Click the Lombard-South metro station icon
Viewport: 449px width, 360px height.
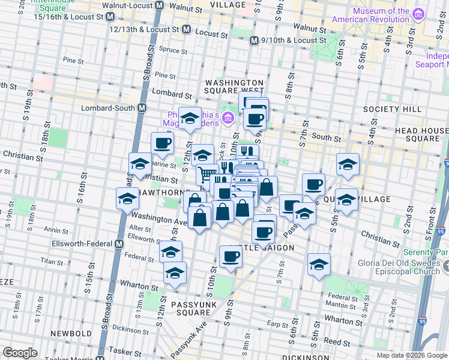pyautogui.click(x=142, y=108)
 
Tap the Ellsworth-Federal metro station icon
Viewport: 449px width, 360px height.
pyautogui.click(x=119, y=244)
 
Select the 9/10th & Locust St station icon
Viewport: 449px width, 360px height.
pyautogui.click(x=255, y=40)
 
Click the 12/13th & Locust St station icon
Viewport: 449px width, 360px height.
pyautogui.click(x=186, y=29)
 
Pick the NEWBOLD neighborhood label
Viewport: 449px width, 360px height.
pyautogui.click(x=70, y=332)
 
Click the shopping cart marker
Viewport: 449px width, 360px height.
pyautogui.click(x=206, y=174)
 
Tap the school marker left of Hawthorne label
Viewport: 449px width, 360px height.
pyautogui.click(x=127, y=198)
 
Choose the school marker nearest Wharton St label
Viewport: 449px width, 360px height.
pyautogui.click(x=175, y=273)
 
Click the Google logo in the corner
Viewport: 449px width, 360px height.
pyautogui.click(x=20, y=352)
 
